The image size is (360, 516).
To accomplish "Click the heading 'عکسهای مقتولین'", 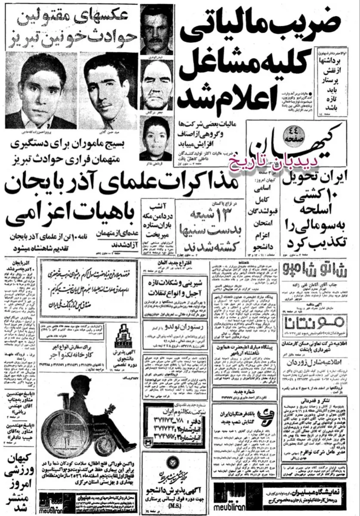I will [x=84, y=16].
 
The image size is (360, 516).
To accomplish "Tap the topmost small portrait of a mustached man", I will [x=157, y=28].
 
